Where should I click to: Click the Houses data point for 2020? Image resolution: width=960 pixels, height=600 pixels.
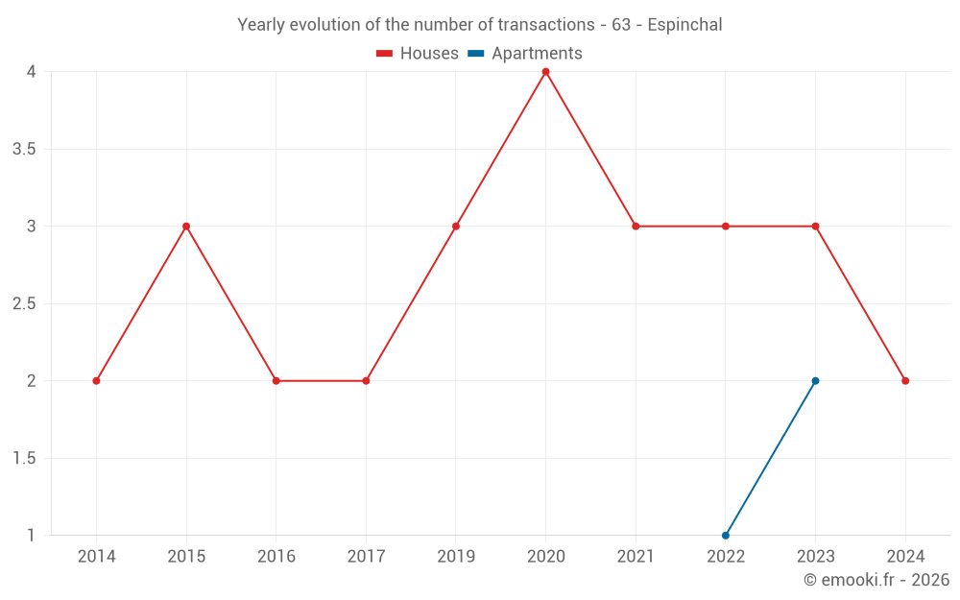click(545, 72)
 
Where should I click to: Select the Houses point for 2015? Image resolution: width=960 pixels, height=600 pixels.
click(186, 227)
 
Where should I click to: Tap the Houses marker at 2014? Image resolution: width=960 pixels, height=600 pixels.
click(96, 381)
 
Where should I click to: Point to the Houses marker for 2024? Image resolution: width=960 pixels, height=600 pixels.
click(905, 381)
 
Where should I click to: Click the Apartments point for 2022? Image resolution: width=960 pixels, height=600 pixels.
click(726, 536)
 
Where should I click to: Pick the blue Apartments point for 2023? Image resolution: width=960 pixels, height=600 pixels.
click(815, 381)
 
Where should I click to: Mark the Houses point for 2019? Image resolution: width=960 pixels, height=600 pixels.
click(456, 227)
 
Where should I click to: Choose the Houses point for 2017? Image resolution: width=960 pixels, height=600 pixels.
click(366, 381)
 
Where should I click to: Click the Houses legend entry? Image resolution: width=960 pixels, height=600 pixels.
click(418, 54)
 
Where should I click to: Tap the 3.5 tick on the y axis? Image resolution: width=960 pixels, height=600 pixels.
click(24, 150)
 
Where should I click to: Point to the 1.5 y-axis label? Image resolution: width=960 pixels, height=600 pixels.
click(24, 459)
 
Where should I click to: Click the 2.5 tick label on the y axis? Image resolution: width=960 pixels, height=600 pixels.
click(24, 304)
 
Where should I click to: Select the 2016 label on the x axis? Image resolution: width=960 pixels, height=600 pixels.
click(276, 557)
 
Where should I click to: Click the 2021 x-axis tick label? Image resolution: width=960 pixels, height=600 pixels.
click(636, 557)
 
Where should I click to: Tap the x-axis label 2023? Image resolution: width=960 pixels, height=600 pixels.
click(815, 557)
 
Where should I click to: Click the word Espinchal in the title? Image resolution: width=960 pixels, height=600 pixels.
click(684, 25)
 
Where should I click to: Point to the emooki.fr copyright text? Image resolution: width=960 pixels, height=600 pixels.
click(876, 580)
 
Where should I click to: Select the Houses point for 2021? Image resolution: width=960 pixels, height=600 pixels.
click(636, 227)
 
